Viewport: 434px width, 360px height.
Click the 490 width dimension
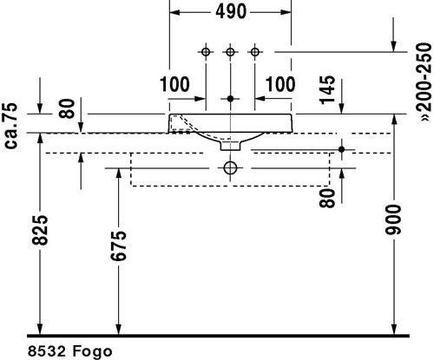(x=231, y=12)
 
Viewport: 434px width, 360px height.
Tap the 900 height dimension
(x=393, y=219)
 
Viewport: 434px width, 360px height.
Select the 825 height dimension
(x=40, y=230)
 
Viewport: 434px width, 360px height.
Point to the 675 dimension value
(x=119, y=245)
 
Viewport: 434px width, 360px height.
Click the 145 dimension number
(x=327, y=89)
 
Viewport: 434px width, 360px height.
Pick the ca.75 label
(x=11, y=126)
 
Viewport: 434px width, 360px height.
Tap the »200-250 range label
(x=425, y=82)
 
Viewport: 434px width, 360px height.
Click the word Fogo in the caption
(x=92, y=351)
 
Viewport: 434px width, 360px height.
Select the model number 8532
(x=46, y=351)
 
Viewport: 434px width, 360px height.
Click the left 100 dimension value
(x=174, y=84)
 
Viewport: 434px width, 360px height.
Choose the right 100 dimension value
(x=280, y=84)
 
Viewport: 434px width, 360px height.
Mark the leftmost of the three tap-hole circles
(x=206, y=52)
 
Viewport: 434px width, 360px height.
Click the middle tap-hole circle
(x=230, y=52)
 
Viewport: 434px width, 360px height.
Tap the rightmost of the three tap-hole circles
(x=254, y=52)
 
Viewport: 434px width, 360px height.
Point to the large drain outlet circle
(x=230, y=168)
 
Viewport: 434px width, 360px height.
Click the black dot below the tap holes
(x=230, y=99)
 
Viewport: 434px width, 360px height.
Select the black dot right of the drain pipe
(x=342, y=149)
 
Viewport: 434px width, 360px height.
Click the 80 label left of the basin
(x=67, y=108)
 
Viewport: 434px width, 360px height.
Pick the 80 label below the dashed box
(x=327, y=198)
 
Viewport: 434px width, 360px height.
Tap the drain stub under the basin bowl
(x=230, y=146)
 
